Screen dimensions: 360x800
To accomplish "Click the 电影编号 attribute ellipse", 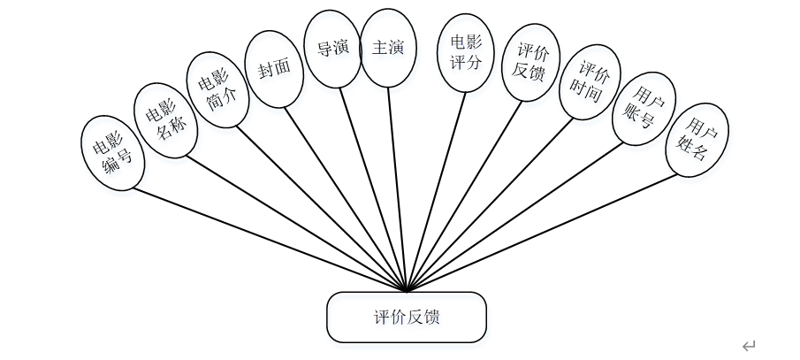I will point(111,151).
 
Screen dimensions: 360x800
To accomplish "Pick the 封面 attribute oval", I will point(273,71).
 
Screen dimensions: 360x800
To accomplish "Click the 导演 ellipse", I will point(331,49).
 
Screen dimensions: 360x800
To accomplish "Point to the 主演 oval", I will point(388,49).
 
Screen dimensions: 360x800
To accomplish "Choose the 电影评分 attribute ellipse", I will point(466,53).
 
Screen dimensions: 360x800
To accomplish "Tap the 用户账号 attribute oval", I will point(644,108).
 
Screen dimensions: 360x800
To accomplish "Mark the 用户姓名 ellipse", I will point(698,140).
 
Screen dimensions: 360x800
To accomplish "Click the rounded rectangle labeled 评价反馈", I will point(406,317).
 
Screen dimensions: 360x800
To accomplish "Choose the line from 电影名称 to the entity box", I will point(292,221).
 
